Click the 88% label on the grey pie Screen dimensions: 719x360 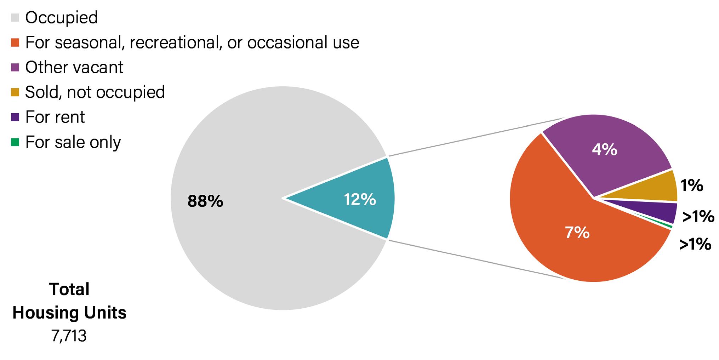click(205, 201)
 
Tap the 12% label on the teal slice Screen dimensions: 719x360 click(360, 200)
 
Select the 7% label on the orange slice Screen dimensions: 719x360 click(577, 233)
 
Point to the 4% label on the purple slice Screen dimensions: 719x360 click(605, 150)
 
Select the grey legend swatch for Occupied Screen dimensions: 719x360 click(15, 17)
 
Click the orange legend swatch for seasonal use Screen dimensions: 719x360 click(15, 42)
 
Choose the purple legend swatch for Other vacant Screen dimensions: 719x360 click(15, 67)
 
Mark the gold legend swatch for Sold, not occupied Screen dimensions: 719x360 click(15, 92)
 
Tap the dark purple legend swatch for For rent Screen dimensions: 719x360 click(15, 117)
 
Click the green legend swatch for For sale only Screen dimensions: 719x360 click(15, 142)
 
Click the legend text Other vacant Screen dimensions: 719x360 click(74, 67)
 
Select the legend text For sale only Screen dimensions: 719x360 click(73, 142)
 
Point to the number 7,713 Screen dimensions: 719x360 click(69, 336)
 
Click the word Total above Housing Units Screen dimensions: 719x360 click(69, 289)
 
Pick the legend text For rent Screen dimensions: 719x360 click(55, 117)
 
